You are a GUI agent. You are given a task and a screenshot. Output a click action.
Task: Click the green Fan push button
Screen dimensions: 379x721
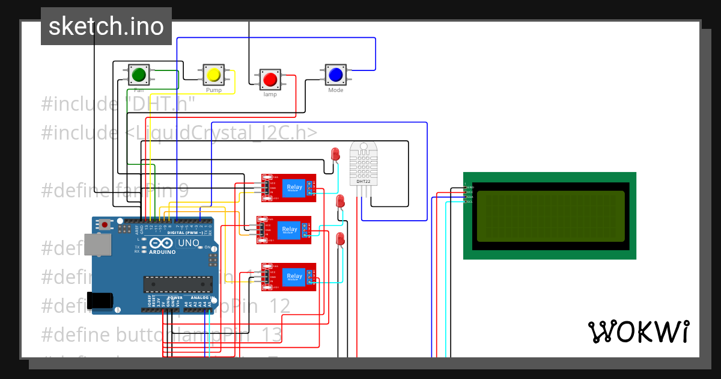coord(139,75)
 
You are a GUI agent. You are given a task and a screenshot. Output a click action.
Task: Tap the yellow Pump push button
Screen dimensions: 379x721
coord(214,75)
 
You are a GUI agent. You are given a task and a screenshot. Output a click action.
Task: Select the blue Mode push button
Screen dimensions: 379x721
coord(335,75)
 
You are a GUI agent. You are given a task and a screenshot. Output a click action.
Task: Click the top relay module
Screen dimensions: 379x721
coord(289,187)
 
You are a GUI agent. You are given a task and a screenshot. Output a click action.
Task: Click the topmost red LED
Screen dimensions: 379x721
coord(335,154)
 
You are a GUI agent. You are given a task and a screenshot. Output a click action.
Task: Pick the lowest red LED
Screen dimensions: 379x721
coord(340,239)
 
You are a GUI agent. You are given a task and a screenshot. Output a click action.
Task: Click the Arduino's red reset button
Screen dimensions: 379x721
coord(106,225)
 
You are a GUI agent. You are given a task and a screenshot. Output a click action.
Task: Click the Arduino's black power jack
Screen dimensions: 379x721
coord(100,301)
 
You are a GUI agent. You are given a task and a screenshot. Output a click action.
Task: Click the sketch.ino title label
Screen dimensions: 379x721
coord(106,26)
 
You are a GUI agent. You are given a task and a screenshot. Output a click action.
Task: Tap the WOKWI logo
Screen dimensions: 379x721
coord(638,331)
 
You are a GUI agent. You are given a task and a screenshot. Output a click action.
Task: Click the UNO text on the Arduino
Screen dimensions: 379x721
coord(189,243)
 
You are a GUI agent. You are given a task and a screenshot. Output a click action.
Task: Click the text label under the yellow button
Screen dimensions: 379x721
coord(214,90)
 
